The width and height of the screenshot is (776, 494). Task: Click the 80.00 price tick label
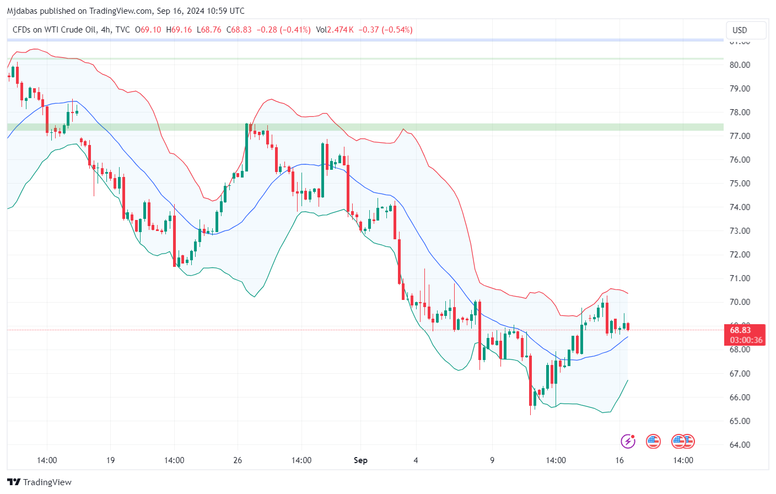(x=740, y=65)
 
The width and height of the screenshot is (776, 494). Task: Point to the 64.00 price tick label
(x=740, y=444)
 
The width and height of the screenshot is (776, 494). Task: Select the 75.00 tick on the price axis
(x=740, y=183)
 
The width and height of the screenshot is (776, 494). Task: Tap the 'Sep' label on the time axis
(x=360, y=460)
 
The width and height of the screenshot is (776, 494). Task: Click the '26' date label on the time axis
(x=238, y=460)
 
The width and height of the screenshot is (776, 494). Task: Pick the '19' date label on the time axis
(x=110, y=460)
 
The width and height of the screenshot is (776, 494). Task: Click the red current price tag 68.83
(x=740, y=330)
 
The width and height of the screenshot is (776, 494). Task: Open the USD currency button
(x=740, y=30)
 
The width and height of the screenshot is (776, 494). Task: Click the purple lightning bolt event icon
(x=628, y=441)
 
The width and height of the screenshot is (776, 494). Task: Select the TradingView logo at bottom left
(x=40, y=482)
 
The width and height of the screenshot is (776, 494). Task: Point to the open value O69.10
(x=148, y=30)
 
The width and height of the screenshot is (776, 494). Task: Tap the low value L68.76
(x=209, y=30)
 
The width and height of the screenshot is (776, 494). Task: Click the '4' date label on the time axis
(x=416, y=460)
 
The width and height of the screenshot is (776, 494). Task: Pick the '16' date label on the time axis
(x=619, y=460)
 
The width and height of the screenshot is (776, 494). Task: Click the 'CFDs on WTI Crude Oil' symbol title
(x=55, y=30)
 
